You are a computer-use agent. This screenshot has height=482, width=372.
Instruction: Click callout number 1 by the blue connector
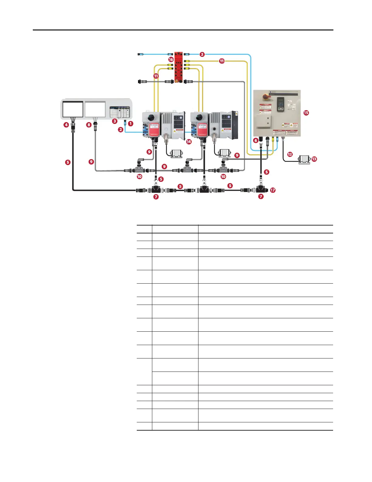131,124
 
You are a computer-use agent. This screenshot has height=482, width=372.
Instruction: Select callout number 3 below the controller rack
115,121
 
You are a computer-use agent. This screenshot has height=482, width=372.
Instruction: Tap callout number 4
66,124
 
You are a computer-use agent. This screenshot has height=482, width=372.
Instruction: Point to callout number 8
89,124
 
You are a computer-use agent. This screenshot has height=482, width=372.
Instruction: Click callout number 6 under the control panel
256,140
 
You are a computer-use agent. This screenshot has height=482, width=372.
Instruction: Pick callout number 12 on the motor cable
290,154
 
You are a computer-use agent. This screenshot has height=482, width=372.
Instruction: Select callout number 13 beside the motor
314,159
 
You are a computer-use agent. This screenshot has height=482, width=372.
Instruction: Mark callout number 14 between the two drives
189,141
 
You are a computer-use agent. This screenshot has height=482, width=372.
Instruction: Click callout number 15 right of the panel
306,113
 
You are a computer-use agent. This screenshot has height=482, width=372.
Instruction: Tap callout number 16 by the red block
171,60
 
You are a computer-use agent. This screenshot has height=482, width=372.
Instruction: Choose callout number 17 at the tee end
273,190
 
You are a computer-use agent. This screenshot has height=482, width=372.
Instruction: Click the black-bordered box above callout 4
73,109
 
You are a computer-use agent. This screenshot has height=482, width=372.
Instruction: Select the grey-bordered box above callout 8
95,109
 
